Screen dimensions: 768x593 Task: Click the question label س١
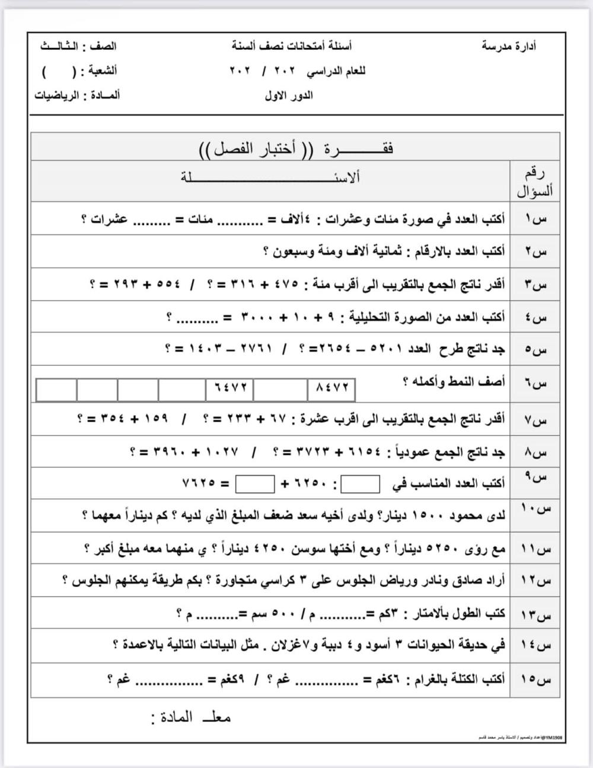tap(535, 219)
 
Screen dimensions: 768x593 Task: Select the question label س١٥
tap(535, 680)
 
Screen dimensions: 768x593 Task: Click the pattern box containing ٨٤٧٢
tap(331, 390)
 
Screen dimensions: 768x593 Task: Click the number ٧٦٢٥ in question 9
tap(199, 484)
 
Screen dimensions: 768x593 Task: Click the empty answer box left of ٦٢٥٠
tap(255, 484)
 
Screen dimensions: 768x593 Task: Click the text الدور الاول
tap(289, 95)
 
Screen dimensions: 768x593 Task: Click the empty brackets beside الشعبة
tap(60, 72)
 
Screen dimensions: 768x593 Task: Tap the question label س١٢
tap(535, 581)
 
